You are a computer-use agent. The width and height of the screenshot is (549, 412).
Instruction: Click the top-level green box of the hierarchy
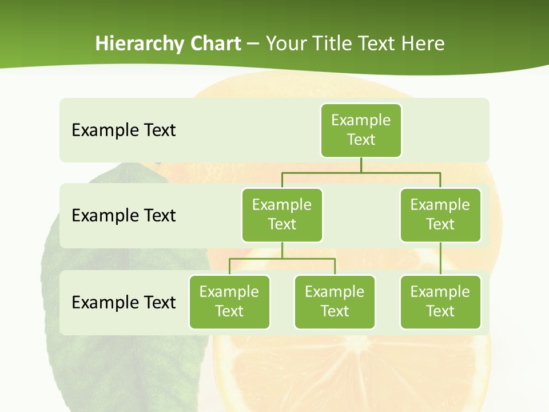(361, 130)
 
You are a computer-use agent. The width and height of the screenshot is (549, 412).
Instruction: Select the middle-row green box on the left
(282, 215)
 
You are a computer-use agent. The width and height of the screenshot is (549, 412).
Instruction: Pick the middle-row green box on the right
(440, 215)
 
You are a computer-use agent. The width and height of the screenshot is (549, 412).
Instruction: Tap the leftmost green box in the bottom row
(229, 302)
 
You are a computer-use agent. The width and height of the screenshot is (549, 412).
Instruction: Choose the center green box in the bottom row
(335, 302)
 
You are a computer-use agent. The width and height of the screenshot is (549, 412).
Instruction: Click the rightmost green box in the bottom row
(440, 302)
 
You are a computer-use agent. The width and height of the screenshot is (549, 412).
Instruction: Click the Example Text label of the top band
(124, 130)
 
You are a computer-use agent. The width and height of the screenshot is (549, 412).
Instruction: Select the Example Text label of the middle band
(124, 215)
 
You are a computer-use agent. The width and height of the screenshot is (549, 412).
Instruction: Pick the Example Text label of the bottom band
(124, 302)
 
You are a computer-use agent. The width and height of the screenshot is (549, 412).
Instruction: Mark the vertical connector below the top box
(361, 165)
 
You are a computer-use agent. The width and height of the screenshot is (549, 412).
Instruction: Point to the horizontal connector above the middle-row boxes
(361, 172)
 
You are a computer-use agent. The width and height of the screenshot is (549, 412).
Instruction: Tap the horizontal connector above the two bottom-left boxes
(282, 259)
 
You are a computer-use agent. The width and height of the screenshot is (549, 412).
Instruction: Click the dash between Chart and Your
(253, 44)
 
